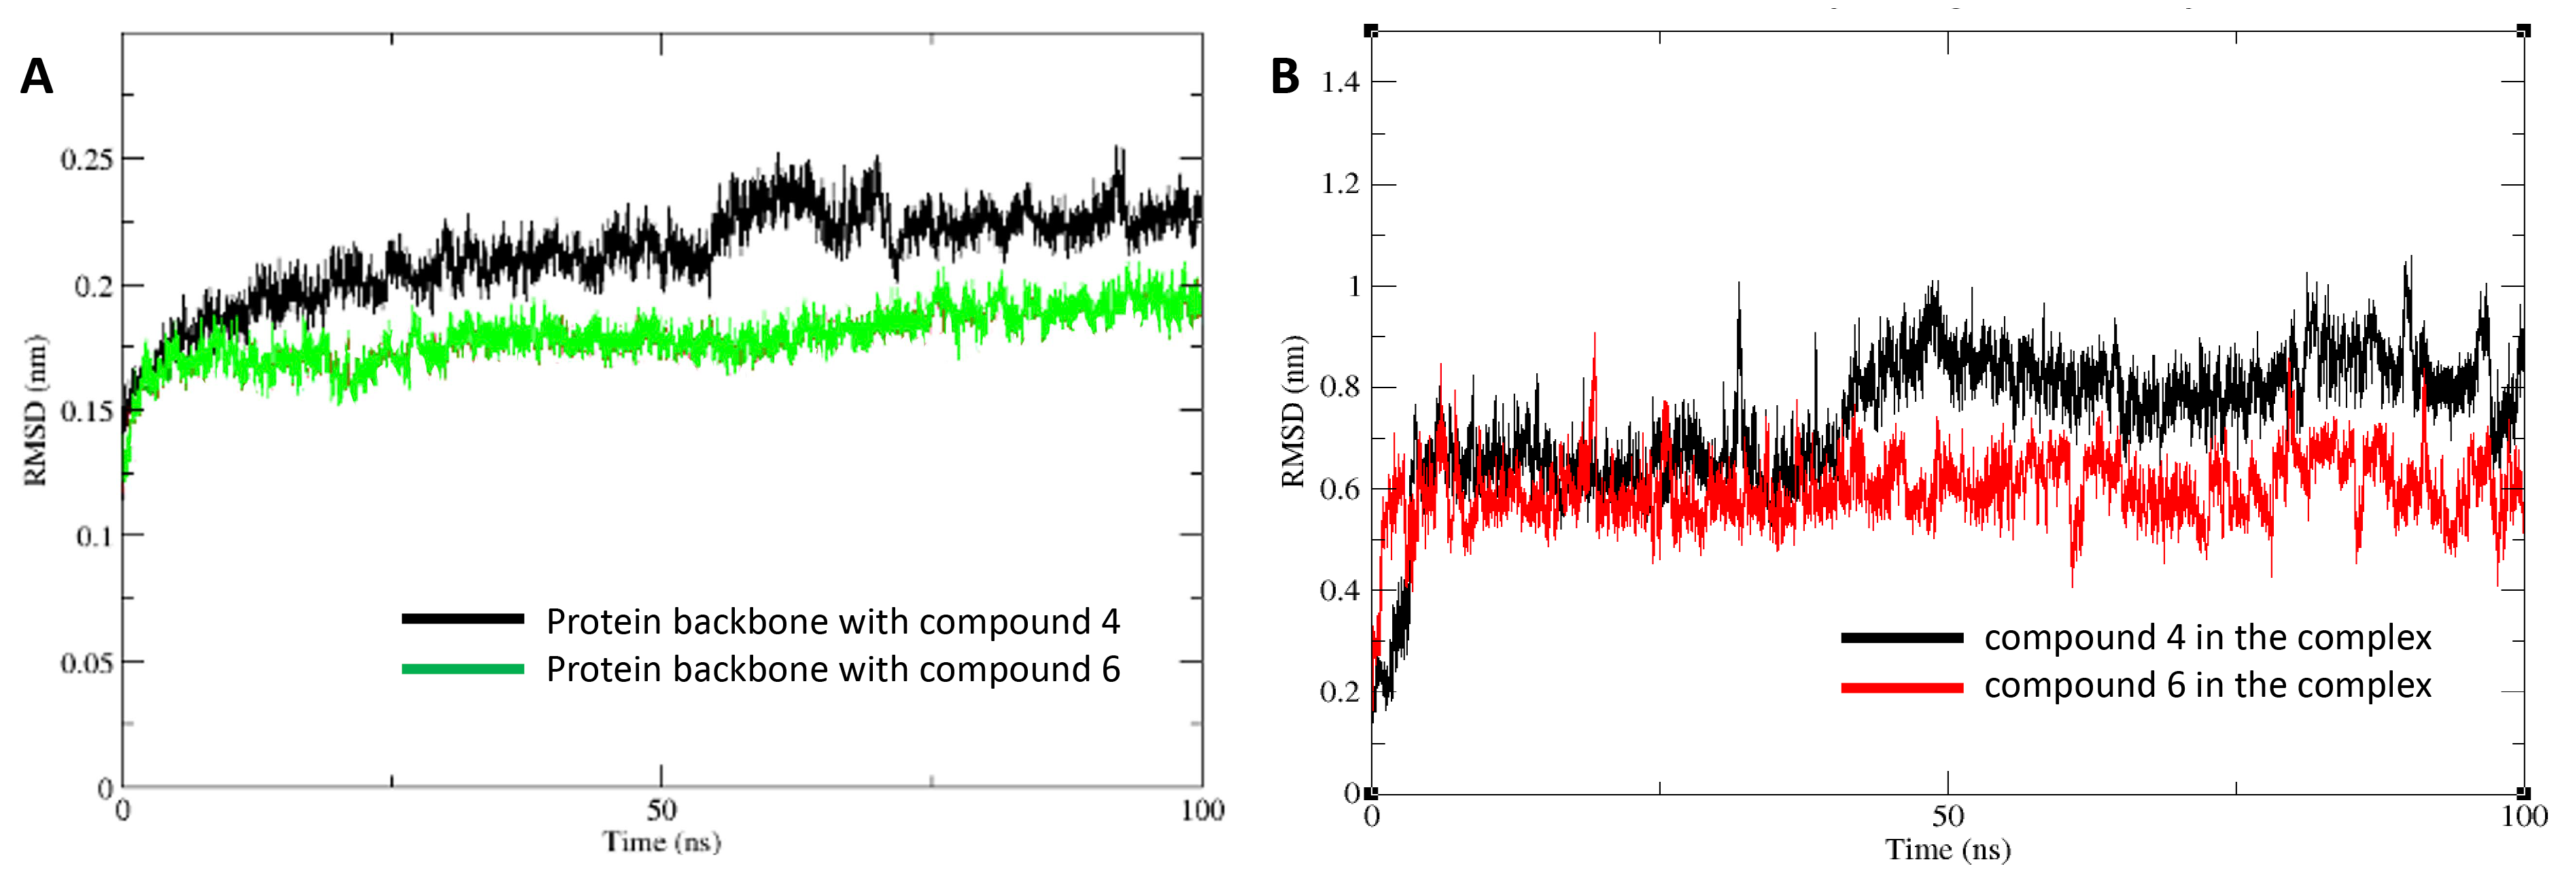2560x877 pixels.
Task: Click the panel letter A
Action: coord(36,77)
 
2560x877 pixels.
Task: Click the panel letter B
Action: coord(1284,77)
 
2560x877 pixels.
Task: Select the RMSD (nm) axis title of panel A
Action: coord(35,411)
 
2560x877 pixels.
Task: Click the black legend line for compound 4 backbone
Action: coord(462,619)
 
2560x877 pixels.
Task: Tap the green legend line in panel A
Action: coord(462,669)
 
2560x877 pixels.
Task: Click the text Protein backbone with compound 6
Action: coord(833,670)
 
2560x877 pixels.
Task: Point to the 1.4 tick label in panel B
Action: coord(1340,82)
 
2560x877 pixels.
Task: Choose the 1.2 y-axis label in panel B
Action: coord(1340,185)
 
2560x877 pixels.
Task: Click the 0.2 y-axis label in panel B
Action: coord(1340,692)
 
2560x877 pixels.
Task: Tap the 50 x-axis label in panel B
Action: coord(1948,817)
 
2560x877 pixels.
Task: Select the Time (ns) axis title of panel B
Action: coord(1948,850)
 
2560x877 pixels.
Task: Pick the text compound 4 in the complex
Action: coord(2207,638)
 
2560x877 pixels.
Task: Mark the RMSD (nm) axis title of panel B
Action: coord(1292,411)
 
